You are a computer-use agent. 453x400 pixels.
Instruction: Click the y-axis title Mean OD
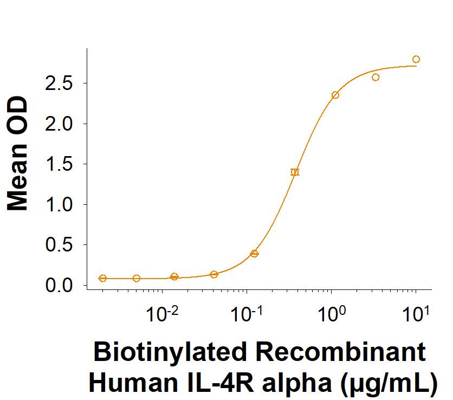(x=19, y=153)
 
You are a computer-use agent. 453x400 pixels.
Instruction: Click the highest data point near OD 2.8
(x=416, y=59)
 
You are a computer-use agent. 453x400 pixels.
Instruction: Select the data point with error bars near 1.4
(x=295, y=172)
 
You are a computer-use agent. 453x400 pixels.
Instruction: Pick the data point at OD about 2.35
(x=335, y=95)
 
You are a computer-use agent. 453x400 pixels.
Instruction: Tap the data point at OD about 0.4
(x=254, y=253)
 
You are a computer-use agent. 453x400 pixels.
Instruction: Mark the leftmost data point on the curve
(x=103, y=278)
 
